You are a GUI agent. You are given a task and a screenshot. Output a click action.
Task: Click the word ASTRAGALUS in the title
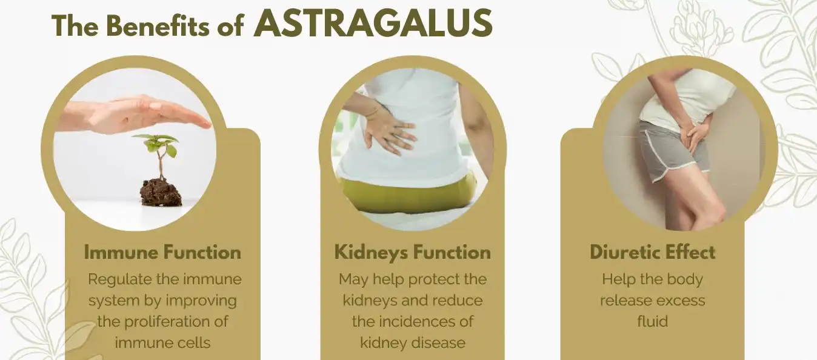373,24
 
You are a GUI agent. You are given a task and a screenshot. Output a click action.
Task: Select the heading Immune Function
162,252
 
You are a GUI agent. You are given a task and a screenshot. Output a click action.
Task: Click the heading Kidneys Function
413,252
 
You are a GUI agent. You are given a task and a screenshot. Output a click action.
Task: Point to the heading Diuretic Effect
653,252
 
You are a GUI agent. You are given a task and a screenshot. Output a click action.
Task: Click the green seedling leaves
159,144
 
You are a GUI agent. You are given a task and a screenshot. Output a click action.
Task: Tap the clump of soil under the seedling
161,192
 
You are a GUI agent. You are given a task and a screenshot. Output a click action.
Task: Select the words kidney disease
413,342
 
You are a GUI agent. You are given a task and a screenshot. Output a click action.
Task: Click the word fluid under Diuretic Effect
652,321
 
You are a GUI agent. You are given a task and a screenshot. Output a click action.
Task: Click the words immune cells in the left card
162,342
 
